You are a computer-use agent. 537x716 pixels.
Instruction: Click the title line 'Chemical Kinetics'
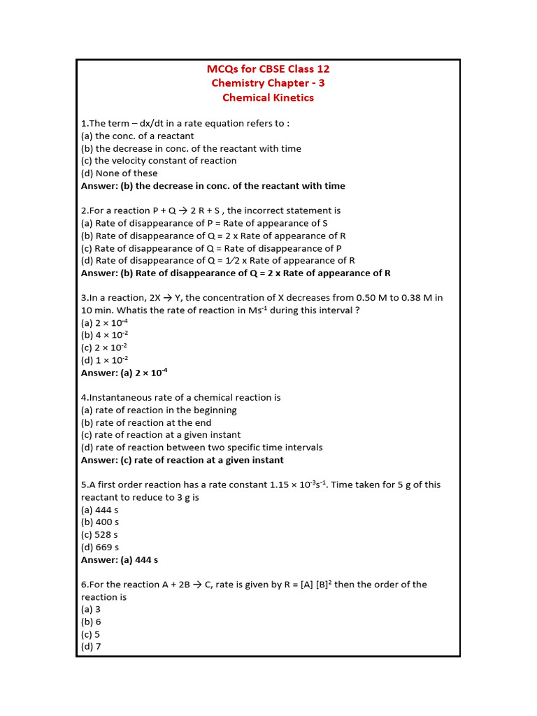tap(268, 98)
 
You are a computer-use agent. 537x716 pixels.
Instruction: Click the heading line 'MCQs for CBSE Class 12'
tap(268, 69)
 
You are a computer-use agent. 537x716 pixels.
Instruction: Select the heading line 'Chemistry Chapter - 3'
tap(268, 83)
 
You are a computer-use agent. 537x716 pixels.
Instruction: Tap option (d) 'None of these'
tap(120, 173)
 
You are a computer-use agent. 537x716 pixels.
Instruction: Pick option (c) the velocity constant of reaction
tap(159, 161)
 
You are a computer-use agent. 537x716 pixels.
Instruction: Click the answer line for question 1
tap(213, 186)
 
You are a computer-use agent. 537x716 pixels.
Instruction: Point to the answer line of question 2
tap(236, 273)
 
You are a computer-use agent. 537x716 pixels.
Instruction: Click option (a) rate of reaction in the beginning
tap(159, 410)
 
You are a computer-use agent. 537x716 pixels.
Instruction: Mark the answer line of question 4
tap(182, 460)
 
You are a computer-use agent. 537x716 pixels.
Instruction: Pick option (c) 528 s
tap(100, 535)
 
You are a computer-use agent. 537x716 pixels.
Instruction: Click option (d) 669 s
tap(100, 547)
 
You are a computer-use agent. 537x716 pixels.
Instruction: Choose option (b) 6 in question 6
tap(92, 622)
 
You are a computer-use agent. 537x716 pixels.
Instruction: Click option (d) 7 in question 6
tap(92, 647)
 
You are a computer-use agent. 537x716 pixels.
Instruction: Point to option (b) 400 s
tap(100, 522)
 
